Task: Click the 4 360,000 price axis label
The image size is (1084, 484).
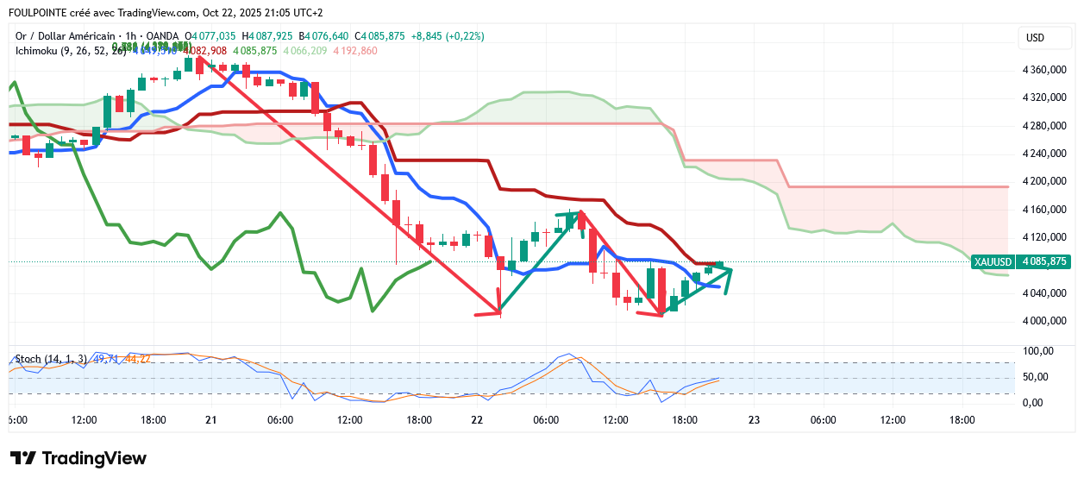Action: pos(1044,70)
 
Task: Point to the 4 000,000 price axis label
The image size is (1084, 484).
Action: pos(1044,321)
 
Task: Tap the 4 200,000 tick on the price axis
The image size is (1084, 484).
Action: pos(1044,181)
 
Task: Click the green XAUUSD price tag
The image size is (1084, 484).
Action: pos(1020,261)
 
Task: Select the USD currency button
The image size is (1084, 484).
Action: pos(1035,38)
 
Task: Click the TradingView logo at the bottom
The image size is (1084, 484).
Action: pos(78,458)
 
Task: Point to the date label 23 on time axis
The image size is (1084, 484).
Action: pos(754,420)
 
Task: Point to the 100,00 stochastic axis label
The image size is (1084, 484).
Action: pos(1037,351)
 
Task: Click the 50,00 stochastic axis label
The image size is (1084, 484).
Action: pos(1035,377)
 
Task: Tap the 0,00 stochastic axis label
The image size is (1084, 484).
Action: pos(1032,403)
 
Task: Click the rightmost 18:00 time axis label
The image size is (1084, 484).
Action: pos(962,420)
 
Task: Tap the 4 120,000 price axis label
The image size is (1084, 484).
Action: pos(1044,237)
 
